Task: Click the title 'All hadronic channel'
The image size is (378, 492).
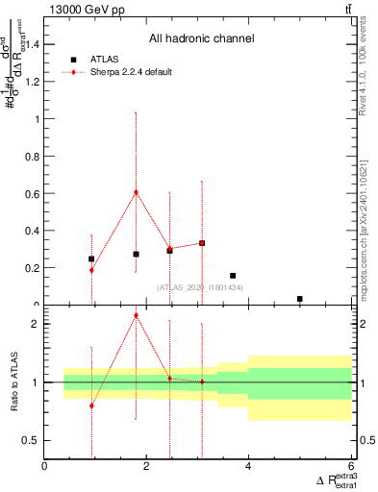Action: [201, 39]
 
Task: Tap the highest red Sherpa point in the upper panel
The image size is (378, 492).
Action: [136, 191]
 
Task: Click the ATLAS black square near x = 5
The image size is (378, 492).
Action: [300, 299]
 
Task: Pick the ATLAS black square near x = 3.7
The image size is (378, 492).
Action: [233, 276]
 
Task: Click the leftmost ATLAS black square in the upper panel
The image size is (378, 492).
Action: [91, 258]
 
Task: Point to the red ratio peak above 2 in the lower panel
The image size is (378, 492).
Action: [136, 315]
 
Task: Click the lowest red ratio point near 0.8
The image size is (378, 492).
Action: [91, 406]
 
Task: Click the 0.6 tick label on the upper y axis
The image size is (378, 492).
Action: [31, 193]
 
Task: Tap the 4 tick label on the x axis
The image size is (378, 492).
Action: [248, 466]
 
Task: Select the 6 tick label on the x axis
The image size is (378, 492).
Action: [350, 466]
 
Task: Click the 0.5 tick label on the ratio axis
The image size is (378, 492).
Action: [31, 441]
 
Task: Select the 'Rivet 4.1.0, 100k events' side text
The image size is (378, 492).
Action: [367, 77]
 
